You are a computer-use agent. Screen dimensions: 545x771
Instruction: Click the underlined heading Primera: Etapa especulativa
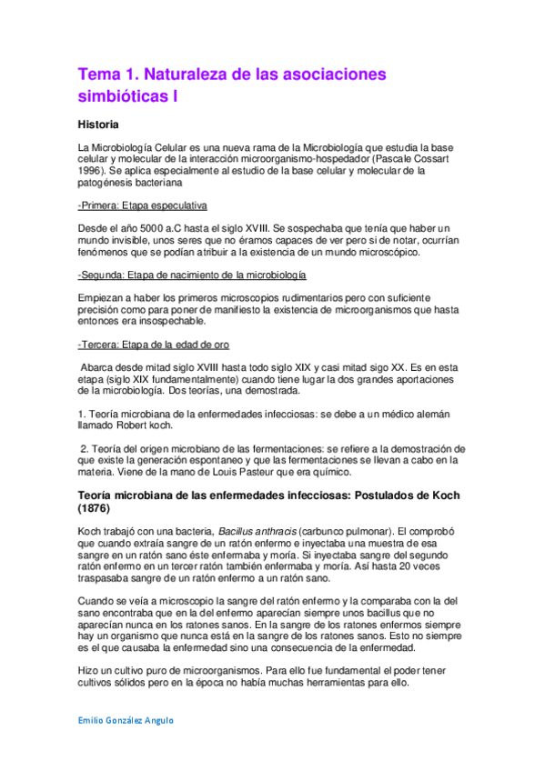pos(143,205)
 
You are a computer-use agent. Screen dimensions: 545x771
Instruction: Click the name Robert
pos(137,426)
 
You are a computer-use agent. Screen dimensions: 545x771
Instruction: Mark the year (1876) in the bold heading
pos(101,508)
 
